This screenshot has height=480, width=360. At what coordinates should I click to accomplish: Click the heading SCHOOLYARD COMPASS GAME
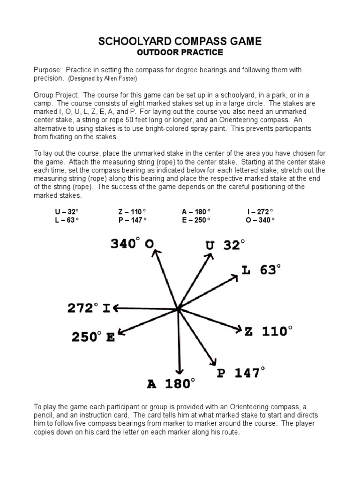click(x=180, y=42)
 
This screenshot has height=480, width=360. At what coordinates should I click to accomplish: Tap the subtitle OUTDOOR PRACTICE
click(x=180, y=52)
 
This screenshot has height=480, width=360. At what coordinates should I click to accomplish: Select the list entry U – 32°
click(x=67, y=212)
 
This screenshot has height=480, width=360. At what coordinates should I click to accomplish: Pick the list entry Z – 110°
click(x=133, y=212)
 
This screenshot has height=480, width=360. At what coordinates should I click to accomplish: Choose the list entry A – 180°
click(x=196, y=212)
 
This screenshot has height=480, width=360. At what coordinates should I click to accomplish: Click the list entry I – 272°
click(x=260, y=212)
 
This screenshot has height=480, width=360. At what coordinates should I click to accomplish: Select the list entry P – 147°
click(x=133, y=220)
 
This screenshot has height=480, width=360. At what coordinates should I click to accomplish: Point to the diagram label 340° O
click(x=133, y=244)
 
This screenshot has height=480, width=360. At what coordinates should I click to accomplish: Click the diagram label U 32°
click(x=225, y=245)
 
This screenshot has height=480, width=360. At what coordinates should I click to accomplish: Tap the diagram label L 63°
click(x=261, y=270)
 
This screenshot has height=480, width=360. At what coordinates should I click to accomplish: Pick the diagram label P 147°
click(x=240, y=373)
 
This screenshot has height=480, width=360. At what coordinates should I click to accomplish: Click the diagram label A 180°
click(x=170, y=384)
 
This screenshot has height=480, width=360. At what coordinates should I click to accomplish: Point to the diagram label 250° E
click(x=93, y=337)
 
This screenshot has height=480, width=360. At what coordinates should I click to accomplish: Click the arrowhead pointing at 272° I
click(x=116, y=308)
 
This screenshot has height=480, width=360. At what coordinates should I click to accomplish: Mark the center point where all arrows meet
click(x=179, y=309)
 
